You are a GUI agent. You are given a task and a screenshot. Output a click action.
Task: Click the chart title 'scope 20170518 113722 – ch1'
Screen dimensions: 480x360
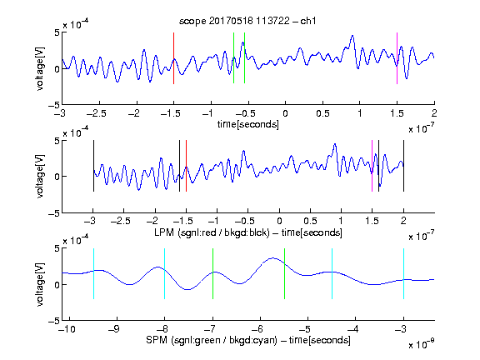click(x=247, y=21)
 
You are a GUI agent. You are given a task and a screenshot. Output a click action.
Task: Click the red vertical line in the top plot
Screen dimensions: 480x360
click(x=173, y=58)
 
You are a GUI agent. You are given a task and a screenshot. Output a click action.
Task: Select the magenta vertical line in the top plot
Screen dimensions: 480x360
click(x=397, y=58)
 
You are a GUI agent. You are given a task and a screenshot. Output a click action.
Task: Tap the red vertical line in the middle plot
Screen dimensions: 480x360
click(x=186, y=166)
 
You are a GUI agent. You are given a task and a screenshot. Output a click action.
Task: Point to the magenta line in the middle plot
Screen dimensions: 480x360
click(x=372, y=166)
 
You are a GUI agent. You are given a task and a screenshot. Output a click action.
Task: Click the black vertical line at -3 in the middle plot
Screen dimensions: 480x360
click(x=93, y=166)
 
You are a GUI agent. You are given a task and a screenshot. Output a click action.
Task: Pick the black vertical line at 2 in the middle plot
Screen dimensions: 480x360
click(x=403, y=166)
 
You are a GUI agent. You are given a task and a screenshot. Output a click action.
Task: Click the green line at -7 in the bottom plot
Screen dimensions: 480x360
click(x=212, y=273)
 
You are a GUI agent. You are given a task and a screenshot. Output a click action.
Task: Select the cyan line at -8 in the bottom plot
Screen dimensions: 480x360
click(x=165, y=273)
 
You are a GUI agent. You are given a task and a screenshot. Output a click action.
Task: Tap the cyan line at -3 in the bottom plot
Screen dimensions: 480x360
click(x=403, y=273)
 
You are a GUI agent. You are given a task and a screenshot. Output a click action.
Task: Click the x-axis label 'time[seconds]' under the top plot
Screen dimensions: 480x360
click(x=248, y=124)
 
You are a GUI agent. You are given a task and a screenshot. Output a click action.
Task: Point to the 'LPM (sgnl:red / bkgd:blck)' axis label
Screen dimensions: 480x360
click(x=212, y=232)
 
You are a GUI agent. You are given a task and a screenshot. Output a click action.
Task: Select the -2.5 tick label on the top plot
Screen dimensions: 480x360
click(x=96, y=113)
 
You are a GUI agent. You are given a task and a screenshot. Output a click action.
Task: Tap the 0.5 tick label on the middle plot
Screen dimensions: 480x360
click(x=310, y=221)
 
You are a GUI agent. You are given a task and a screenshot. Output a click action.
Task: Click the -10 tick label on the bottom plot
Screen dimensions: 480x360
click(x=67, y=329)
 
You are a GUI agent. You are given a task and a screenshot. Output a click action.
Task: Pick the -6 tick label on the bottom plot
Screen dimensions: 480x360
click(x=257, y=329)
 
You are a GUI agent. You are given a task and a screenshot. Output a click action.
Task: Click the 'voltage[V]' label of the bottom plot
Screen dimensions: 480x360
click(x=40, y=284)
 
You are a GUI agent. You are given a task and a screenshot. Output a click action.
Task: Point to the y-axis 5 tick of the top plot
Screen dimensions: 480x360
click(x=57, y=32)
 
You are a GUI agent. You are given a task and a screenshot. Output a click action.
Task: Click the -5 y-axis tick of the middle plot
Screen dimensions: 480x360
click(x=54, y=213)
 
